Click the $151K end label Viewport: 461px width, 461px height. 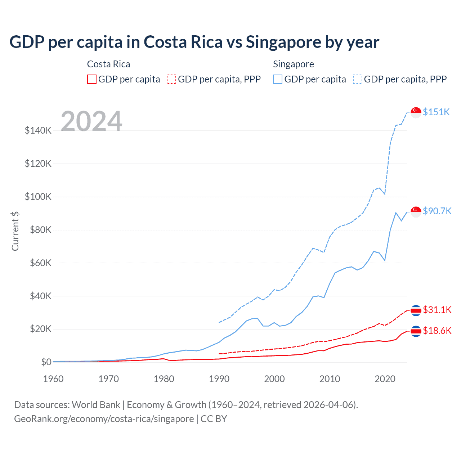point(436,112)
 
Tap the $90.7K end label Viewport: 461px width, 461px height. point(437,211)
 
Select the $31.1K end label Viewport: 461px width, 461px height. point(437,310)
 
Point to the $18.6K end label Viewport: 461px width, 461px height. point(437,331)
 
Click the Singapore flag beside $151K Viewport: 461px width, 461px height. point(416,112)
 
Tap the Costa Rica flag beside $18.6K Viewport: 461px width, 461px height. point(416,331)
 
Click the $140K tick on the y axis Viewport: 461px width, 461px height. point(38,130)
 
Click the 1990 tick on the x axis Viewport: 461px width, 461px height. point(219,379)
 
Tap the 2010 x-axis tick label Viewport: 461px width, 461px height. point(330,379)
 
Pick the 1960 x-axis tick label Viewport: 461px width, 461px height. point(53,379)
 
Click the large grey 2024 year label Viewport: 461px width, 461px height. point(91,121)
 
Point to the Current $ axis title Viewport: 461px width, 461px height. point(15,231)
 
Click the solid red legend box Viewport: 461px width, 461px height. point(92,79)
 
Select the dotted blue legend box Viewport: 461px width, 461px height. point(358,79)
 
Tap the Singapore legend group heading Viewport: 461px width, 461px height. point(294,64)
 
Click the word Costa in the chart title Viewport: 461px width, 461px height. point(165,42)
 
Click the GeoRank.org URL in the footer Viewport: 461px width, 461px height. point(104,419)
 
